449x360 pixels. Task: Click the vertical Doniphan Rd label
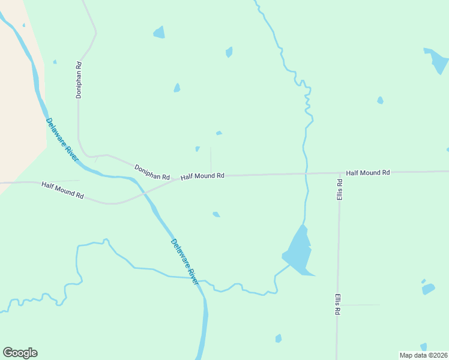pyautogui.click(x=78, y=79)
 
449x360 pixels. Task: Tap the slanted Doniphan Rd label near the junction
pyautogui.click(x=152, y=172)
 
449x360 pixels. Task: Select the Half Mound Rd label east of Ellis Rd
pyautogui.click(x=368, y=173)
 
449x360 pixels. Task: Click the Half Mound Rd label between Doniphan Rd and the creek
pyautogui.click(x=202, y=176)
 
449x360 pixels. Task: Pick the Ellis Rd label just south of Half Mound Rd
pyautogui.click(x=339, y=190)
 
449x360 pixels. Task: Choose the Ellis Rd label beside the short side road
pyautogui.click(x=338, y=304)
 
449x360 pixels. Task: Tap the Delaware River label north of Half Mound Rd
pyautogui.click(x=62, y=139)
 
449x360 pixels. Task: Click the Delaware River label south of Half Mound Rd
pyautogui.click(x=184, y=262)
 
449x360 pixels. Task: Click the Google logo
pyautogui.click(x=20, y=353)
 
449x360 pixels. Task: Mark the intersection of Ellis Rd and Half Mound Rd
pyautogui.click(x=340, y=173)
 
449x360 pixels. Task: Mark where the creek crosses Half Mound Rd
pyautogui.click(x=306, y=173)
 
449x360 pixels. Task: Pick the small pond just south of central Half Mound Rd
pyautogui.click(x=216, y=214)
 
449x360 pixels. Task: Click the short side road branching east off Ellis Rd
pyautogui.click(x=360, y=305)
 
